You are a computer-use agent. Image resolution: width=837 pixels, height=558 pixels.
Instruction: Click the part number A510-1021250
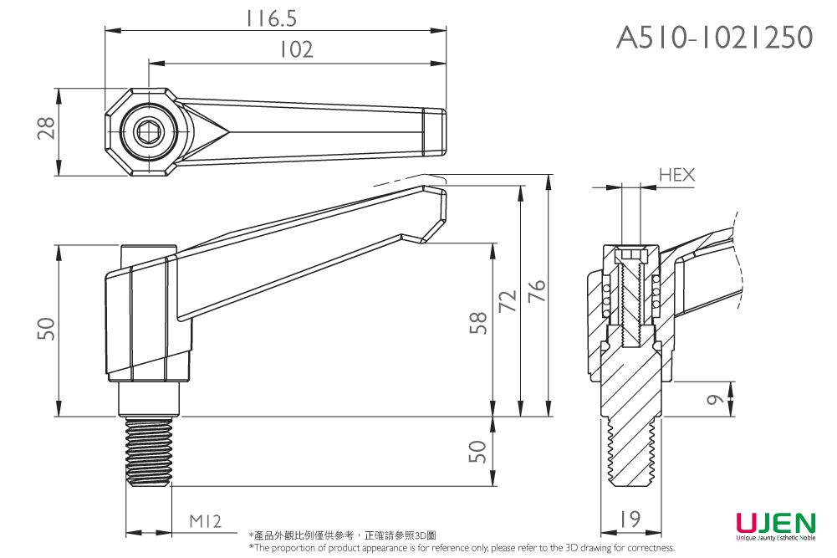point(714,37)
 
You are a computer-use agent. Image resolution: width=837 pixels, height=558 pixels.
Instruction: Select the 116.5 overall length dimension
point(272,18)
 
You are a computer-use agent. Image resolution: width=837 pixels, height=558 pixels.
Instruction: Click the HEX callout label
point(676,174)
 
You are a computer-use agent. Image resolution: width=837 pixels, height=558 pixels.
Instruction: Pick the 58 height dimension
point(478,323)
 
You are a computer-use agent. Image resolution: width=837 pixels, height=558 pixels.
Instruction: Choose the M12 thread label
point(204,521)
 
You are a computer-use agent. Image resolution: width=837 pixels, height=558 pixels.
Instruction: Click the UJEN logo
point(774,524)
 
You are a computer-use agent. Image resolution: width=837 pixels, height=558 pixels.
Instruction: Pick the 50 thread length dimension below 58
point(477,452)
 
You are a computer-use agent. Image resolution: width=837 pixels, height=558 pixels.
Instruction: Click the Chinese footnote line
point(342,535)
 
